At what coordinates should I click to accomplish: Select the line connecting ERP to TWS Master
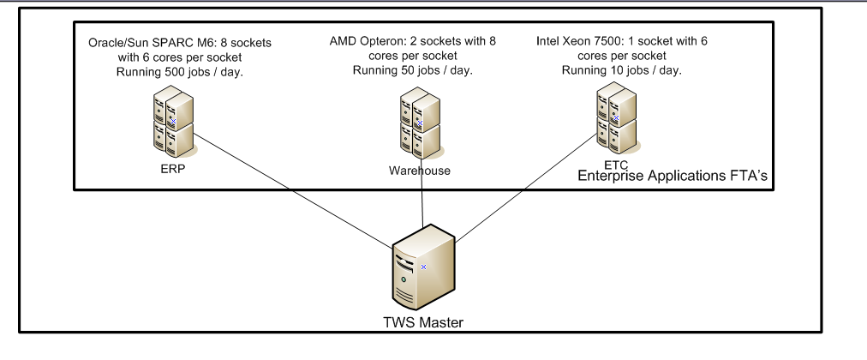point(291,202)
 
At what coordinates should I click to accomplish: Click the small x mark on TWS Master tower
point(422,267)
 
